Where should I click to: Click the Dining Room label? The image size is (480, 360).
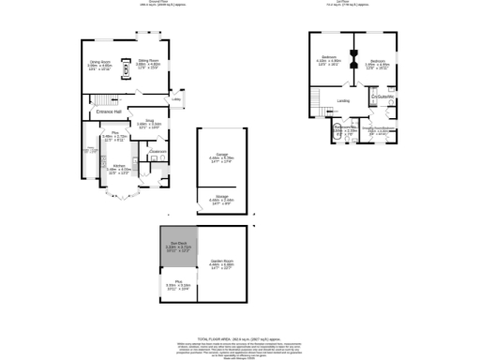100,64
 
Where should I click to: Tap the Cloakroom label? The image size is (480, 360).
157,152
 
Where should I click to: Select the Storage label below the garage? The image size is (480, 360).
221,198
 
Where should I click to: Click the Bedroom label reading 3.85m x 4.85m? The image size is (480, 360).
377,62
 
